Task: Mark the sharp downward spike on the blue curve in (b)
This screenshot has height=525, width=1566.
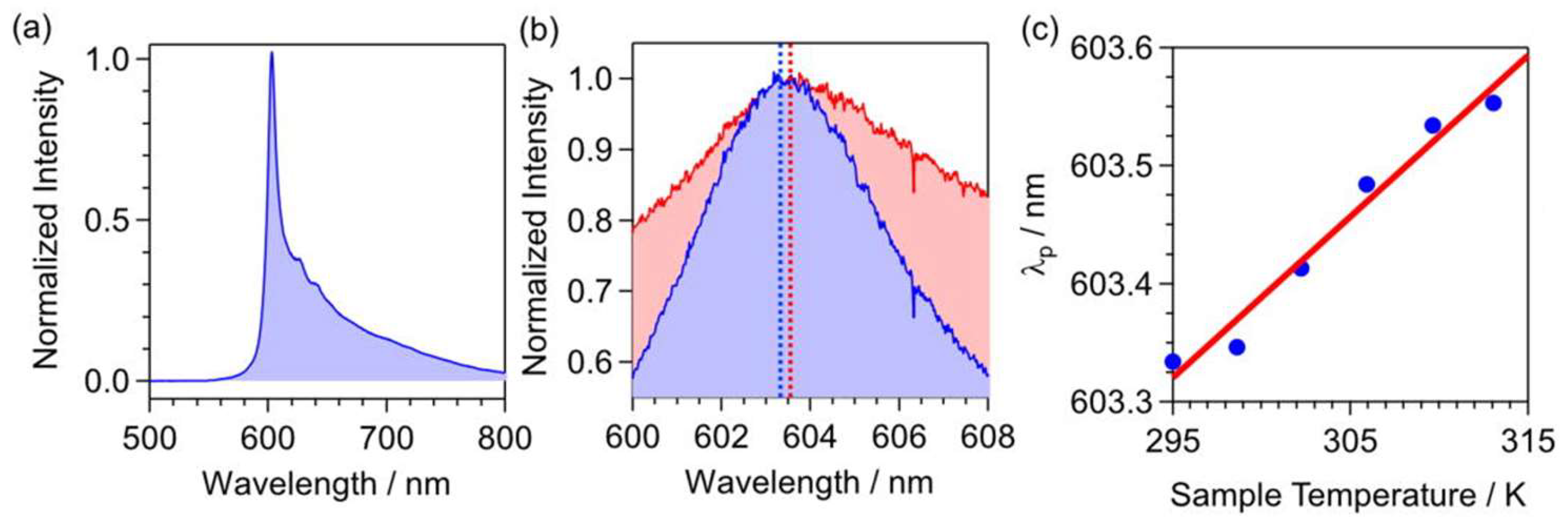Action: tap(913, 307)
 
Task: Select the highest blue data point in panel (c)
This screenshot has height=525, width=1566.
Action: tap(1494, 104)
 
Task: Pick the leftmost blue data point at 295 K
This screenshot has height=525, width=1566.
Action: tap(1173, 362)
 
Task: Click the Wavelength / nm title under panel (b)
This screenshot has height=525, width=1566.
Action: tap(809, 483)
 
